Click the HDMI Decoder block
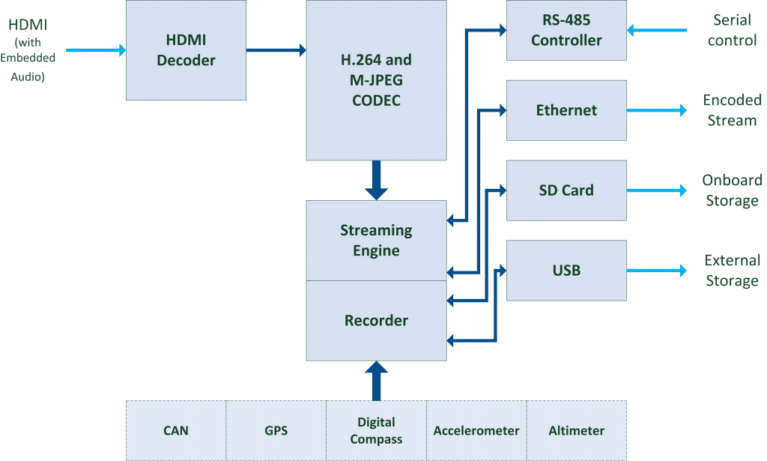[x=186, y=50]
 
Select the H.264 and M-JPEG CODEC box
[x=376, y=79]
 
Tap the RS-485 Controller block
[x=566, y=31]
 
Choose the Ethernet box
[x=566, y=110]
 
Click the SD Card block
[x=566, y=190]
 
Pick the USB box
[x=566, y=270]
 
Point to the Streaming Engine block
[x=376, y=241]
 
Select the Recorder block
[x=376, y=321]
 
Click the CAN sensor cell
[x=176, y=430]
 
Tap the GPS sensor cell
[x=276, y=430]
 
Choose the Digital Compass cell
[x=376, y=430]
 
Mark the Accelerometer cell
[x=476, y=430]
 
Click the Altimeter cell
[x=576, y=430]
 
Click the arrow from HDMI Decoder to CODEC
[x=276, y=50]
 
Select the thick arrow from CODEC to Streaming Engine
[x=376, y=180]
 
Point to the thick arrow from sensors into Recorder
[x=376, y=380]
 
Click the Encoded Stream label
[x=732, y=110]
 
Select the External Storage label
[x=732, y=271]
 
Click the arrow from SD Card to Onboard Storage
[x=656, y=190]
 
